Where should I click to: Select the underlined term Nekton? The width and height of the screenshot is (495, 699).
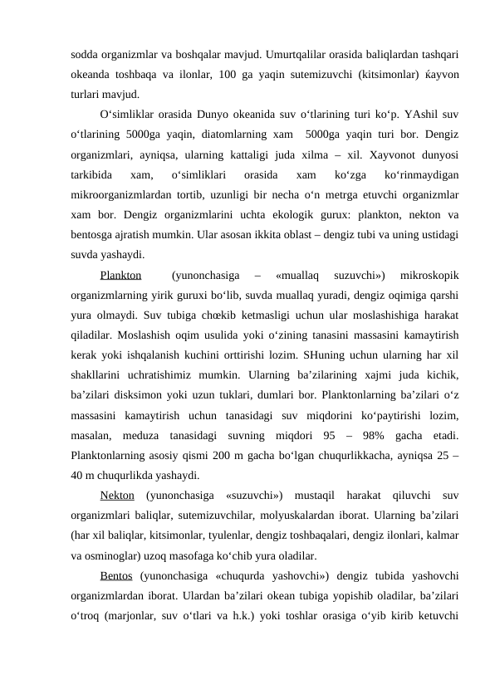pos(117,496)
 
